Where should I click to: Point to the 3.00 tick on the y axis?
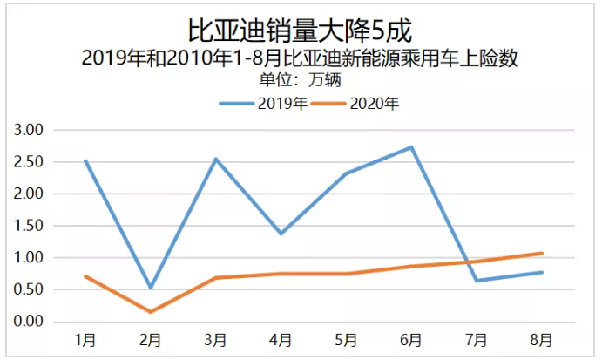click(x=30, y=130)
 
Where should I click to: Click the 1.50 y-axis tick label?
click(x=30, y=226)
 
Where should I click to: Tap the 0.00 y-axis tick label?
click(x=30, y=322)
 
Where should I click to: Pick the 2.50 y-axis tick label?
click(x=30, y=162)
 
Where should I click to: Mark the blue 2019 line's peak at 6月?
click(x=411, y=147)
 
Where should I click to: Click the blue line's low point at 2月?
click(x=151, y=288)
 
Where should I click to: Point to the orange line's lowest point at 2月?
click(x=151, y=312)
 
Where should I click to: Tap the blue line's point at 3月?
click(x=215, y=159)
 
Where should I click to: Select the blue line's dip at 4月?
click(x=281, y=234)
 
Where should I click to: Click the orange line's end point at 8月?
click(x=541, y=254)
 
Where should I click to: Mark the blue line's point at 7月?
click(x=477, y=281)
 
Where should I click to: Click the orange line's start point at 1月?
click(x=85, y=276)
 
